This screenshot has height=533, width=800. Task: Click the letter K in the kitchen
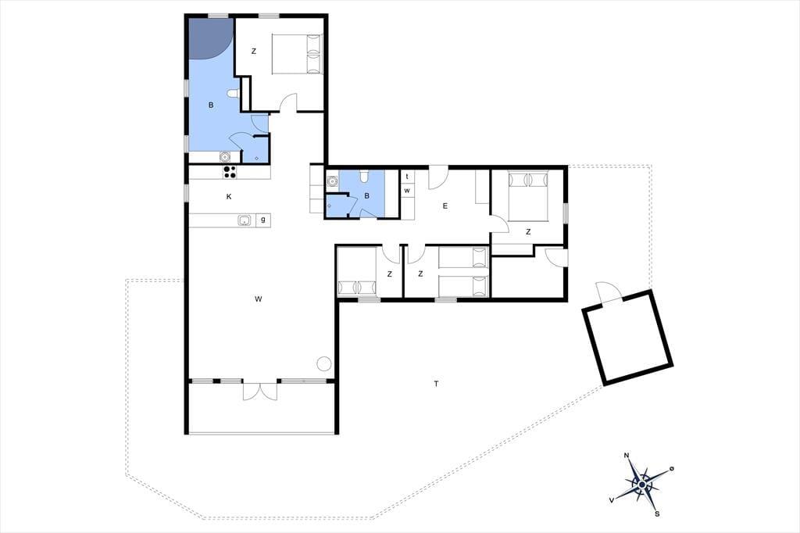click(x=229, y=197)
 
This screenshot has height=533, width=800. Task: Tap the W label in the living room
click(x=258, y=299)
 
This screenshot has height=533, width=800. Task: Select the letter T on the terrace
click(x=436, y=384)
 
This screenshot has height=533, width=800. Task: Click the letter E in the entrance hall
click(x=445, y=206)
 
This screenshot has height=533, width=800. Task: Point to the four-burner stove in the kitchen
click(x=230, y=172)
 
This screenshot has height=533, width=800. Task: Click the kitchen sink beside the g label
click(x=245, y=220)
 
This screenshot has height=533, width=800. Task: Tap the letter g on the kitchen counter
click(x=263, y=220)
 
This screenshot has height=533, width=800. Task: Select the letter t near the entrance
click(x=407, y=177)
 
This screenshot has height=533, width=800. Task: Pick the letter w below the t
click(x=407, y=191)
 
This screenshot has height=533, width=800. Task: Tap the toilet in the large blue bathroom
click(x=233, y=94)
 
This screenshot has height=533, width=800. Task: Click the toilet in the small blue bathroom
click(x=364, y=176)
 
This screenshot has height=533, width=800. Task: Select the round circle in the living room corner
click(x=324, y=363)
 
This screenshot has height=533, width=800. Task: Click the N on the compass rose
click(x=627, y=456)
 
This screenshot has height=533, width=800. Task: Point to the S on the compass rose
click(x=657, y=513)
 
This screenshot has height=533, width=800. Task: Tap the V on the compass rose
click(x=611, y=500)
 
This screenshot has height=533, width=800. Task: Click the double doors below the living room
click(x=260, y=391)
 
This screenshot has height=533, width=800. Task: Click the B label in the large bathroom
click(x=211, y=106)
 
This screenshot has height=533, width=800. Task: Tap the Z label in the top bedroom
click(x=254, y=51)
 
